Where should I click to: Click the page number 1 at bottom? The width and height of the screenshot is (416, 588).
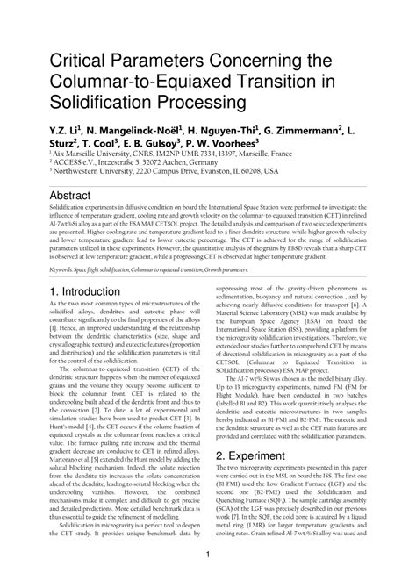(x=208, y=554)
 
